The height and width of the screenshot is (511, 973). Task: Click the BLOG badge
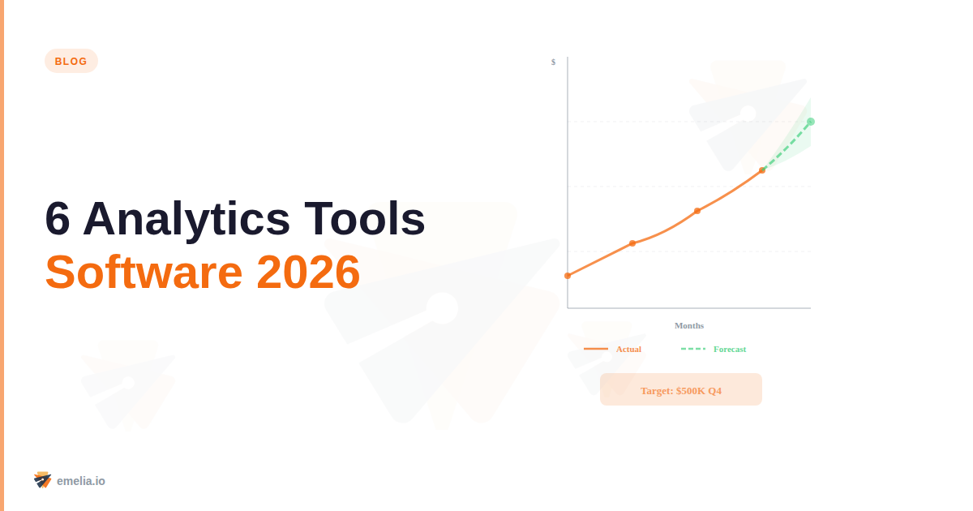coord(71,61)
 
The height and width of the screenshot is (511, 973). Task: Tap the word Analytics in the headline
coord(186,218)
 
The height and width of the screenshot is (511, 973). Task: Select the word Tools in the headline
coord(365,218)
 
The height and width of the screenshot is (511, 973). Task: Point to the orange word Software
coord(144,273)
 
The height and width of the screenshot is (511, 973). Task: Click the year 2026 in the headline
coord(308,273)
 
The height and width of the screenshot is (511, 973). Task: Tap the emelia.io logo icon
coord(42,480)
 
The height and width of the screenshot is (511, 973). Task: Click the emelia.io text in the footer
coord(81,481)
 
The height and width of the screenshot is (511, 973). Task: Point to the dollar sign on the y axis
coord(554,62)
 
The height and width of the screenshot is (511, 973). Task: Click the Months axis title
coord(689,325)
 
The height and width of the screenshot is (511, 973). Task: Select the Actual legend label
coord(628,349)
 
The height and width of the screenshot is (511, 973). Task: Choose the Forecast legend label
coord(730,349)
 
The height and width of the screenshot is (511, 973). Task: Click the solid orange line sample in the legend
coord(596,349)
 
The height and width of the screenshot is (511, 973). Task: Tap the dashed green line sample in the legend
coord(693,349)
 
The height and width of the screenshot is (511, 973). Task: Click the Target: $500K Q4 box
coord(681,390)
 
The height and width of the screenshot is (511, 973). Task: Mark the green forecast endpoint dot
coord(811,122)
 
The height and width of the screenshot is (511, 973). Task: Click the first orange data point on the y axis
coord(568,276)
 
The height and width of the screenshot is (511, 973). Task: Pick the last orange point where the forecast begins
coord(762,170)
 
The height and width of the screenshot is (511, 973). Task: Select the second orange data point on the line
coord(632,243)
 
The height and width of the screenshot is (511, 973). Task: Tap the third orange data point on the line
coord(697,211)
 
